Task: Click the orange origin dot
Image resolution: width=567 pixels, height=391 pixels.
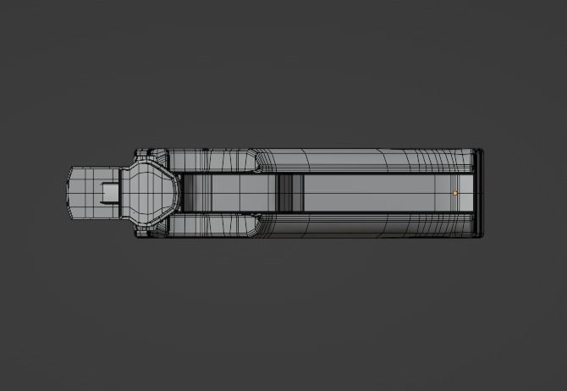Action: [455, 193]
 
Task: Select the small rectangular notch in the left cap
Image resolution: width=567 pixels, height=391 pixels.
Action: [109, 194]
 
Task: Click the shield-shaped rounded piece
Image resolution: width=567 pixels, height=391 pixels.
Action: [150, 193]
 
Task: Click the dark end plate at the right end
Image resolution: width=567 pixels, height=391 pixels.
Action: [480, 193]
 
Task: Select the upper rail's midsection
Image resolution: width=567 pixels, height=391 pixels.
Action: [339, 161]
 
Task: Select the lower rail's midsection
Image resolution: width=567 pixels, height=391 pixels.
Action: [339, 225]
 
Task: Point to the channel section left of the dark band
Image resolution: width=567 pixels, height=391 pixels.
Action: [228, 193]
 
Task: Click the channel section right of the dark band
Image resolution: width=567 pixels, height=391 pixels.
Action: [372, 193]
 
